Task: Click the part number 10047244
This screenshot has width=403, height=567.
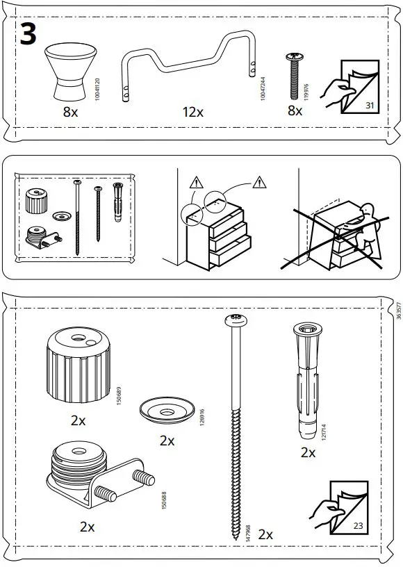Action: [x=262, y=88]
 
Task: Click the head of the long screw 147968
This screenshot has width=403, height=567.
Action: [x=236, y=320]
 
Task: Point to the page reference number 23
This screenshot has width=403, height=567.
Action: [x=358, y=525]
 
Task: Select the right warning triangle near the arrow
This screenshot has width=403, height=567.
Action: [x=260, y=183]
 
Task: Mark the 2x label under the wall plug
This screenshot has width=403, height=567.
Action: [x=308, y=452]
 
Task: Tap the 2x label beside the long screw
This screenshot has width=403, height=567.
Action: [x=265, y=534]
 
